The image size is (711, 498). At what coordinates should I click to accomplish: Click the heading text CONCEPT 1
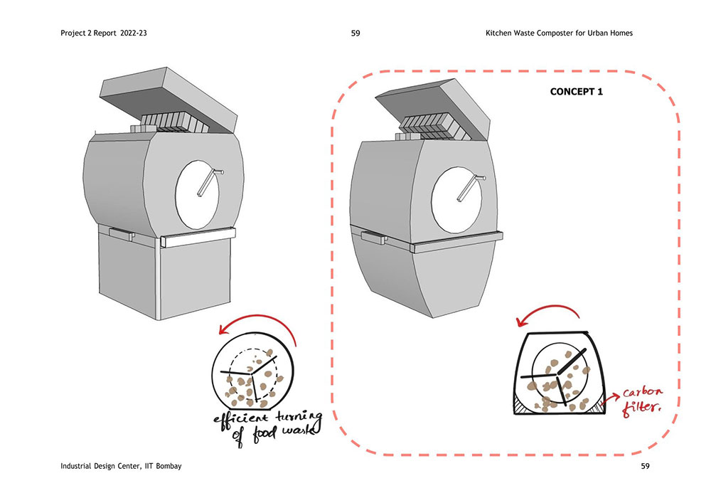pos(577,92)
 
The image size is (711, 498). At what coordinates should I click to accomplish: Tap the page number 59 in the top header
pos(355,33)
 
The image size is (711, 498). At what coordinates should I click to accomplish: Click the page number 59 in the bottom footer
pos(646,466)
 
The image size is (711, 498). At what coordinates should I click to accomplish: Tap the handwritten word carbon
pos(643,394)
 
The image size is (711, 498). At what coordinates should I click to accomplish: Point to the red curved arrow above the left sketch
pos(256,324)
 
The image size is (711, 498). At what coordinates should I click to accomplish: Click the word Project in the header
pos(75,33)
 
